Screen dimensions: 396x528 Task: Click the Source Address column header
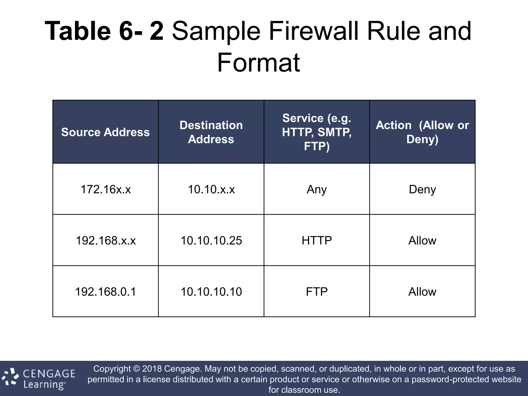click(105, 132)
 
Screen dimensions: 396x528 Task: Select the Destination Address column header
click(211, 132)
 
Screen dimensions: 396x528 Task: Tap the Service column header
click(317, 132)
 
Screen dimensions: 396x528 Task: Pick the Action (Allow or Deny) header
click(422, 132)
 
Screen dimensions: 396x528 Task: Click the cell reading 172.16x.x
click(105, 189)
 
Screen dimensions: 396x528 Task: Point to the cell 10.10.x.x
click(211, 189)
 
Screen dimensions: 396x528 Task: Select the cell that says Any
click(317, 189)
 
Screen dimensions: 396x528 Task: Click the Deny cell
click(422, 189)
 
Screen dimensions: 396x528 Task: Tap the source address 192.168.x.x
click(105, 240)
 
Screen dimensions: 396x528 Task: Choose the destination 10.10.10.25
click(211, 240)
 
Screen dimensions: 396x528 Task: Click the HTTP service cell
click(317, 240)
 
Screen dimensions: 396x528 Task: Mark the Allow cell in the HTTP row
click(422, 240)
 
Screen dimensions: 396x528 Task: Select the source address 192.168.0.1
click(105, 292)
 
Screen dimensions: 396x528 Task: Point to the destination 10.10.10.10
click(211, 292)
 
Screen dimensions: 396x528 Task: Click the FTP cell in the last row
click(317, 292)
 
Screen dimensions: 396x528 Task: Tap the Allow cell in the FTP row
click(422, 292)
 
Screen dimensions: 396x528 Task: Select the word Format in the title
click(259, 62)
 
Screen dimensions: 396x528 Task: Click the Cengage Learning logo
click(39, 378)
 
